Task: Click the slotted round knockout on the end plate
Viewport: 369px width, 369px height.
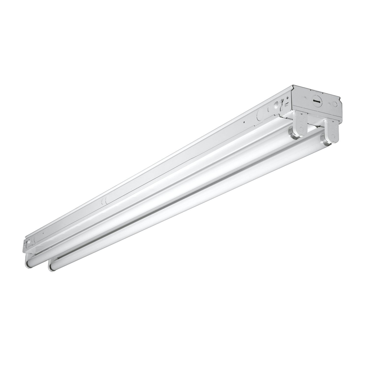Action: [x=317, y=101]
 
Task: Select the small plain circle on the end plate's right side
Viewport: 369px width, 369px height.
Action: [x=335, y=104]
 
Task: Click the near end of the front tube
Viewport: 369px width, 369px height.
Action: [x=53, y=266]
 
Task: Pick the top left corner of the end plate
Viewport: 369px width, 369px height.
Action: [x=294, y=86]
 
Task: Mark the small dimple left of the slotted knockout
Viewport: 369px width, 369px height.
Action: [x=305, y=97]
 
